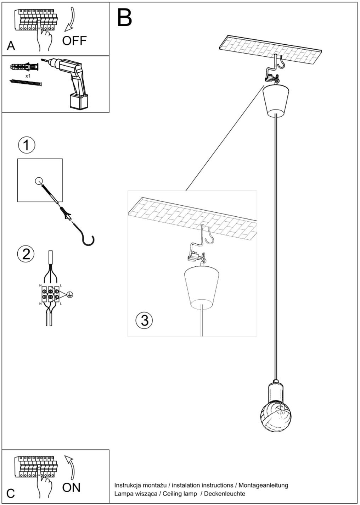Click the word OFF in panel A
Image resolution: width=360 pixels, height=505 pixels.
coord(74,41)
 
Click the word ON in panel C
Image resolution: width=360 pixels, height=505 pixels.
coord(71,488)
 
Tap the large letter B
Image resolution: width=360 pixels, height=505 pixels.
coord(124,18)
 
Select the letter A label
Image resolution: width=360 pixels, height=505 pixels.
coord(11,46)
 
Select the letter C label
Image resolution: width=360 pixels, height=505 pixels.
coord(11,493)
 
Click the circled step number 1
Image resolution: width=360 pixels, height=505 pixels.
coord(26,145)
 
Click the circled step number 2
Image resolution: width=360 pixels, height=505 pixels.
coord(26,254)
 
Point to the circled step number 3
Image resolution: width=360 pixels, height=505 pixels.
coord(144,320)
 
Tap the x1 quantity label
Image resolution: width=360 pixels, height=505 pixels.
coord(28,76)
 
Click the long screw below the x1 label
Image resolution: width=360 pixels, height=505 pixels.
coord(26,83)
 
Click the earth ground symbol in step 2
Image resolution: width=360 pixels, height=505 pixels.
coord(70,294)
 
